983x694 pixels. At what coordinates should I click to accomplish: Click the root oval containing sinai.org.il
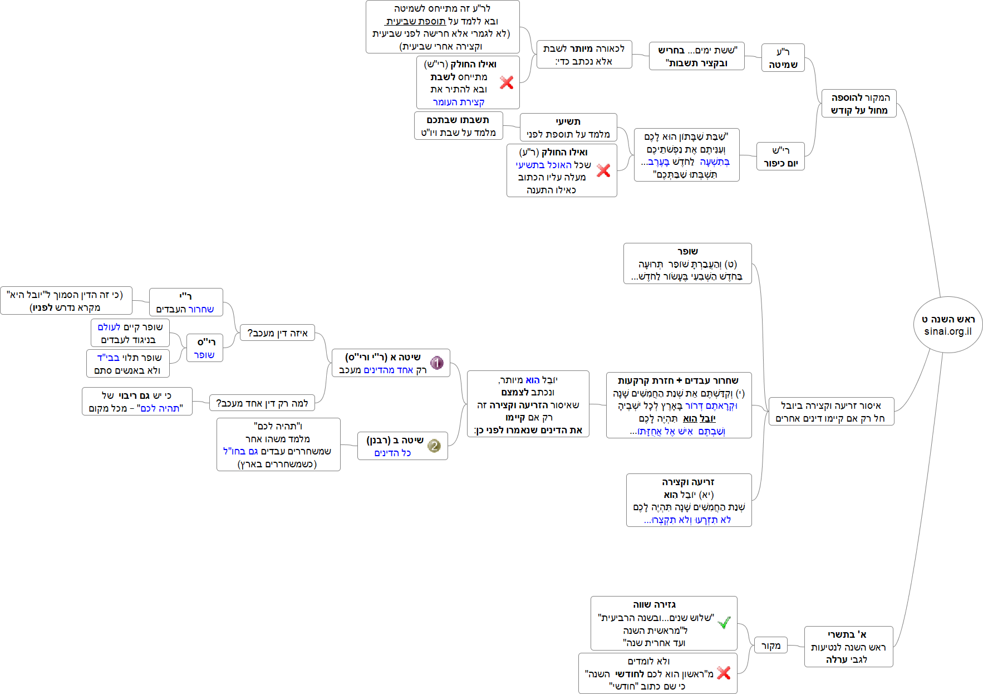tap(948, 325)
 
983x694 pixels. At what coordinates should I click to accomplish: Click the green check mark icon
tap(724, 623)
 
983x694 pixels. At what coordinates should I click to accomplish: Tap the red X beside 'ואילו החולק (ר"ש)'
tap(507, 82)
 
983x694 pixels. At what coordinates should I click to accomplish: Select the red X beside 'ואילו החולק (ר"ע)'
tap(603, 170)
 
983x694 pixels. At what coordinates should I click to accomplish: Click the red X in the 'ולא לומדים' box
tap(724, 673)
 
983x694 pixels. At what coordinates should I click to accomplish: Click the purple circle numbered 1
tap(437, 363)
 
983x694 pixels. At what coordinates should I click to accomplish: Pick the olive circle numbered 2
tap(434, 446)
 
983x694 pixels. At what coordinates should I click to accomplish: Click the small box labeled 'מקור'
tap(770, 646)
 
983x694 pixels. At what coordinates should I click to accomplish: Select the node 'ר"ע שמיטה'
tap(783, 58)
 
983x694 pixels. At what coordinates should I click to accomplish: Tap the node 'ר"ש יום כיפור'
tap(780, 157)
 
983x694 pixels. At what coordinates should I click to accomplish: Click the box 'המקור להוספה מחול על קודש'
tap(859, 104)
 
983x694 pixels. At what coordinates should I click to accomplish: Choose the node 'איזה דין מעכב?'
tap(277, 333)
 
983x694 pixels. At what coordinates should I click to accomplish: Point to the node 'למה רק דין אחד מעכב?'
tap(262, 403)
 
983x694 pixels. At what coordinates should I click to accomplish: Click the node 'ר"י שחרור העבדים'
tap(185, 302)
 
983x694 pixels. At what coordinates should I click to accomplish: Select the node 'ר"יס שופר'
tap(205, 348)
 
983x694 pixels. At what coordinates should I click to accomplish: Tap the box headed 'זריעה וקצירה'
tap(689, 500)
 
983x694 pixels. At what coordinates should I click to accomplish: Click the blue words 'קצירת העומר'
tap(459, 102)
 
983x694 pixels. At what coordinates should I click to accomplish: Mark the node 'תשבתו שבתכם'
tap(458, 126)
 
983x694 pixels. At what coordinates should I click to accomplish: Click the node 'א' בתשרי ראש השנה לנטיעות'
tap(848, 647)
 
